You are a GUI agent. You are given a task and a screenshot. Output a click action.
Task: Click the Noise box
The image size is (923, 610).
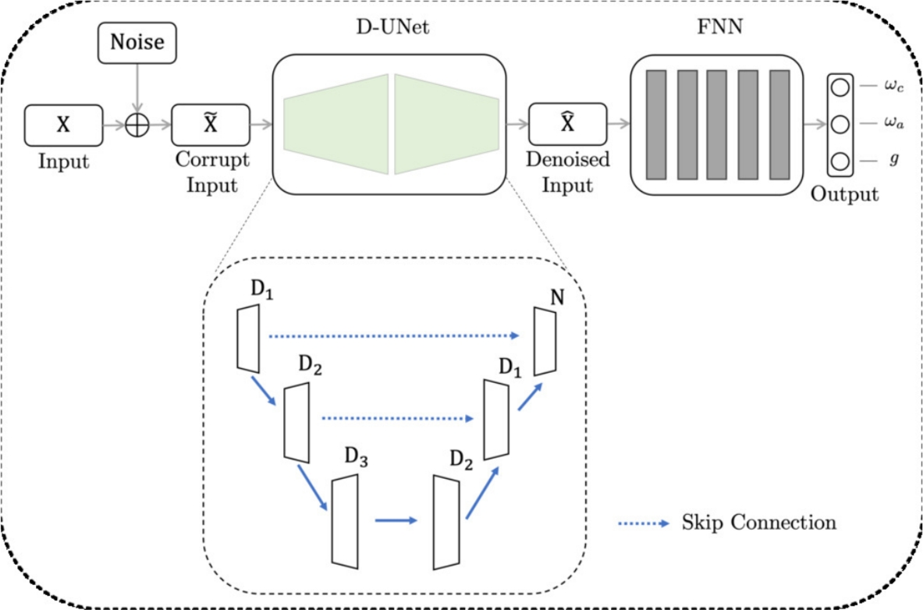click(x=137, y=42)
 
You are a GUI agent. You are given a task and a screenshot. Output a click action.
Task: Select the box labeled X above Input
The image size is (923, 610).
click(x=63, y=124)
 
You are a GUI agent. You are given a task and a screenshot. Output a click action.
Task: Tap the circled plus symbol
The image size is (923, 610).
click(x=137, y=125)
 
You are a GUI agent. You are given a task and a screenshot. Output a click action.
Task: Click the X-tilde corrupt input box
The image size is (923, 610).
click(x=210, y=124)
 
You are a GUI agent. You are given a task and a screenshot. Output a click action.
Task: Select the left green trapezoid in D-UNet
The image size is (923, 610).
click(x=336, y=123)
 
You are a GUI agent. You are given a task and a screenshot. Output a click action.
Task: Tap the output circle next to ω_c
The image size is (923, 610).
click(x=840, y=87)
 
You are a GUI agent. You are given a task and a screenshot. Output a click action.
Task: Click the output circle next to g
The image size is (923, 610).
click(x=840, y=161)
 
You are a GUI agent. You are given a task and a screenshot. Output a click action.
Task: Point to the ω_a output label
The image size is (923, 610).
click(x=893, y=123)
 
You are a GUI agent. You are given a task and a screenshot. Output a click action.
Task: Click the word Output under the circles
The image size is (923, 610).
click(x=844, y=193)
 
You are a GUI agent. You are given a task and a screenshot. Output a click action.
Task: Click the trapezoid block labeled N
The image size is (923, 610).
click(x=545, y=340)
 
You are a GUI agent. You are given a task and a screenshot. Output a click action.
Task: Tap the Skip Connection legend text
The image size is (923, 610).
click(x=758, y=522)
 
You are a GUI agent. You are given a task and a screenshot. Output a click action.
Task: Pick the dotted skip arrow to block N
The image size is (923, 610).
click(x=394, y=336)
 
